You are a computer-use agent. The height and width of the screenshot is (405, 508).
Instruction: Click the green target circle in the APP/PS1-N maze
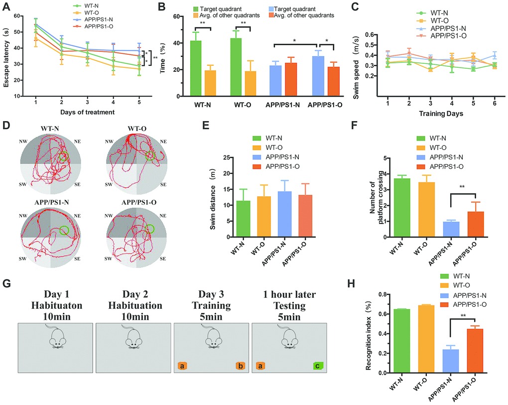tap(64, 230)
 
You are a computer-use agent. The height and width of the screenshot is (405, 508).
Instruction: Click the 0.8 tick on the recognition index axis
tap(382, 294)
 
